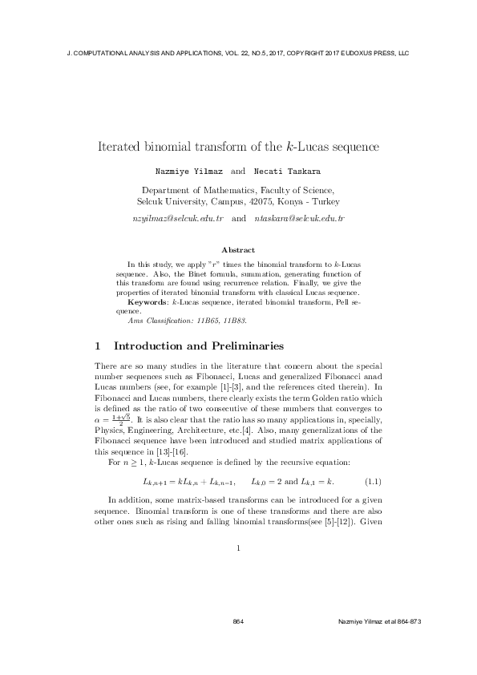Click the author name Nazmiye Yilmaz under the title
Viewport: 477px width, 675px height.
(188, 172)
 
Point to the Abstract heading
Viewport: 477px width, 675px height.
(238, 250)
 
